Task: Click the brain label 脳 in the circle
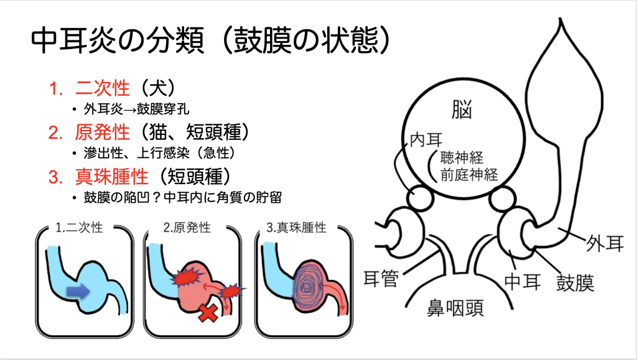click(x=462, y=109)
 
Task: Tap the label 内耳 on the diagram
click(x=426, y=141)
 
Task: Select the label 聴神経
click(x=462, y=157)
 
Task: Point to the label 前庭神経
click(x=469, y=175)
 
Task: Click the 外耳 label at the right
click(x=605, y=244)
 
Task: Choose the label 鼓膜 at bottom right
click(x=575, y=282)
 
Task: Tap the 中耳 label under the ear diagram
click(x=523, y=282)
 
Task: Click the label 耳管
click(x=381, y=279)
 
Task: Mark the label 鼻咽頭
click(x=455, y=308)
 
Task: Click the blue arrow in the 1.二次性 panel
click(x=78, y=290)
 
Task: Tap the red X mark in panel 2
click(x=208, y=313)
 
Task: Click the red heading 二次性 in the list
click(x=103, y=88)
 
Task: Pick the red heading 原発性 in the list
click(x=103, y=132)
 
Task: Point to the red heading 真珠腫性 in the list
click(x=112, y=176)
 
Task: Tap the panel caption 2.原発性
click(x=187, y=228)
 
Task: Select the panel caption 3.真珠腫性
click(x=296, y=228)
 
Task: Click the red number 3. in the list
click(x=55, y=177)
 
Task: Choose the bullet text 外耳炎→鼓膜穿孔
click(x=136, y=109)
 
